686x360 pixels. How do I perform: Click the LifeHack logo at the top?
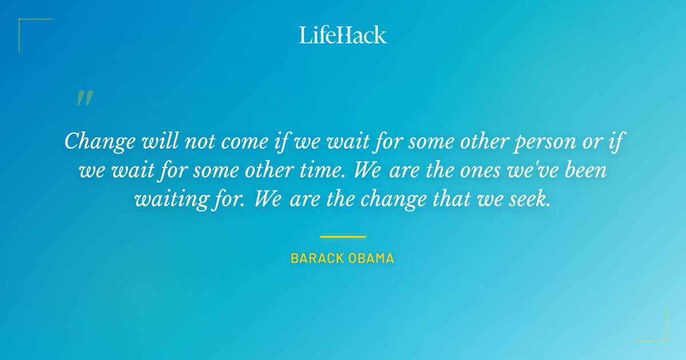343,35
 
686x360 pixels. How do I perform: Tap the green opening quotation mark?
84,99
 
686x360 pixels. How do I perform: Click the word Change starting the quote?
100,141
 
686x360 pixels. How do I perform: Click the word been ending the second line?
585,170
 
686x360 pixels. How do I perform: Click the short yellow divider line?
342,237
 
